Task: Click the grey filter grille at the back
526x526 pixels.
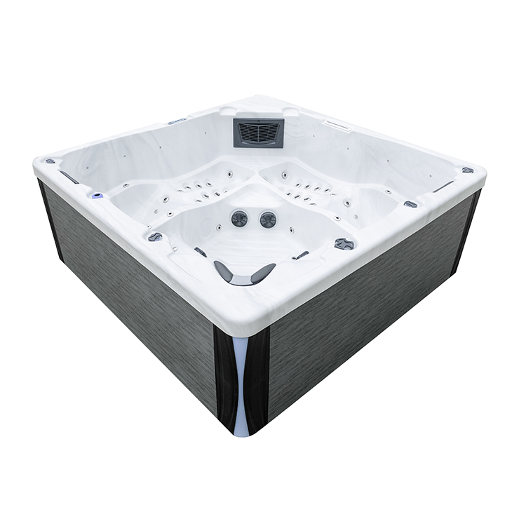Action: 258,133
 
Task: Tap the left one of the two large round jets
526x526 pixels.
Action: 240,218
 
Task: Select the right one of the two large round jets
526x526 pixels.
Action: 268,220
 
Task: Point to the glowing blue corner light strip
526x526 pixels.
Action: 241,382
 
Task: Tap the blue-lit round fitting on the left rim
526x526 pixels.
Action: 96,193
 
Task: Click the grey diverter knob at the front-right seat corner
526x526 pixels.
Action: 344,243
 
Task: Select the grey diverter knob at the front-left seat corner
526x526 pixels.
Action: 155,237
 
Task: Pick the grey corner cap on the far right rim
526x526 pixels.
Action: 468,170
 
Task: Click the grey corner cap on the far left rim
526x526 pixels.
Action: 50,161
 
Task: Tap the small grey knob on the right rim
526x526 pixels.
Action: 410,204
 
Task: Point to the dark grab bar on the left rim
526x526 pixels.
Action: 69,177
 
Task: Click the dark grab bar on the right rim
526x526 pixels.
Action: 443,187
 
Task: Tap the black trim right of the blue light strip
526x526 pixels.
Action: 258,379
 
